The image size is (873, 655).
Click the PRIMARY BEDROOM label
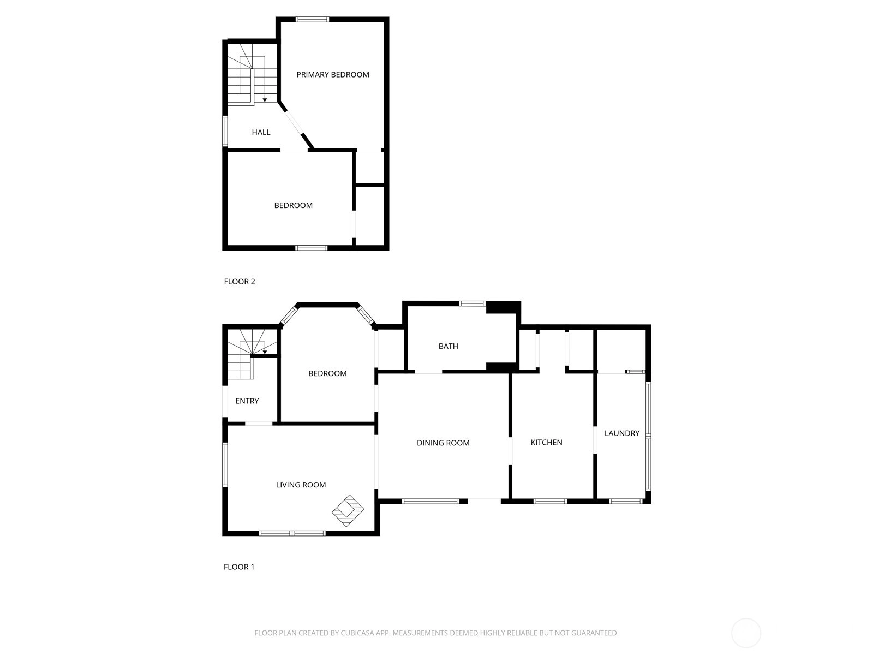[332, 74]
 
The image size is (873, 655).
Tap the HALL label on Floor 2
[261, 132]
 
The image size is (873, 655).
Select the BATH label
[449, 346]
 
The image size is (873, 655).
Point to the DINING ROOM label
[443, 443]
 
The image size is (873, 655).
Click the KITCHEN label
[547, 442]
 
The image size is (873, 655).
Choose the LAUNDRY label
[622, 433]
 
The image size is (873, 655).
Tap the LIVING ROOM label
[301, 484]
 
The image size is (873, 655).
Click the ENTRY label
[247, 401]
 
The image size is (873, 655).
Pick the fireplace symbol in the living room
[348, 511]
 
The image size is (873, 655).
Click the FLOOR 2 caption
[240, 282]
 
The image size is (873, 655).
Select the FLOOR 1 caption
[239, 567]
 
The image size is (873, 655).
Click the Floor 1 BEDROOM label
[327, 373]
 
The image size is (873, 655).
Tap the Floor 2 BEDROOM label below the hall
[293, 205]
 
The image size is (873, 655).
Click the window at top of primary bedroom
[312, 19]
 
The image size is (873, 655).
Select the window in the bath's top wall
[472, 303]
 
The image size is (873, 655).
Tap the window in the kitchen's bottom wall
[550, 501]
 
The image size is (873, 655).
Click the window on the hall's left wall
[225, 131]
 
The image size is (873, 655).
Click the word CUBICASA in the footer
[357, 633]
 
